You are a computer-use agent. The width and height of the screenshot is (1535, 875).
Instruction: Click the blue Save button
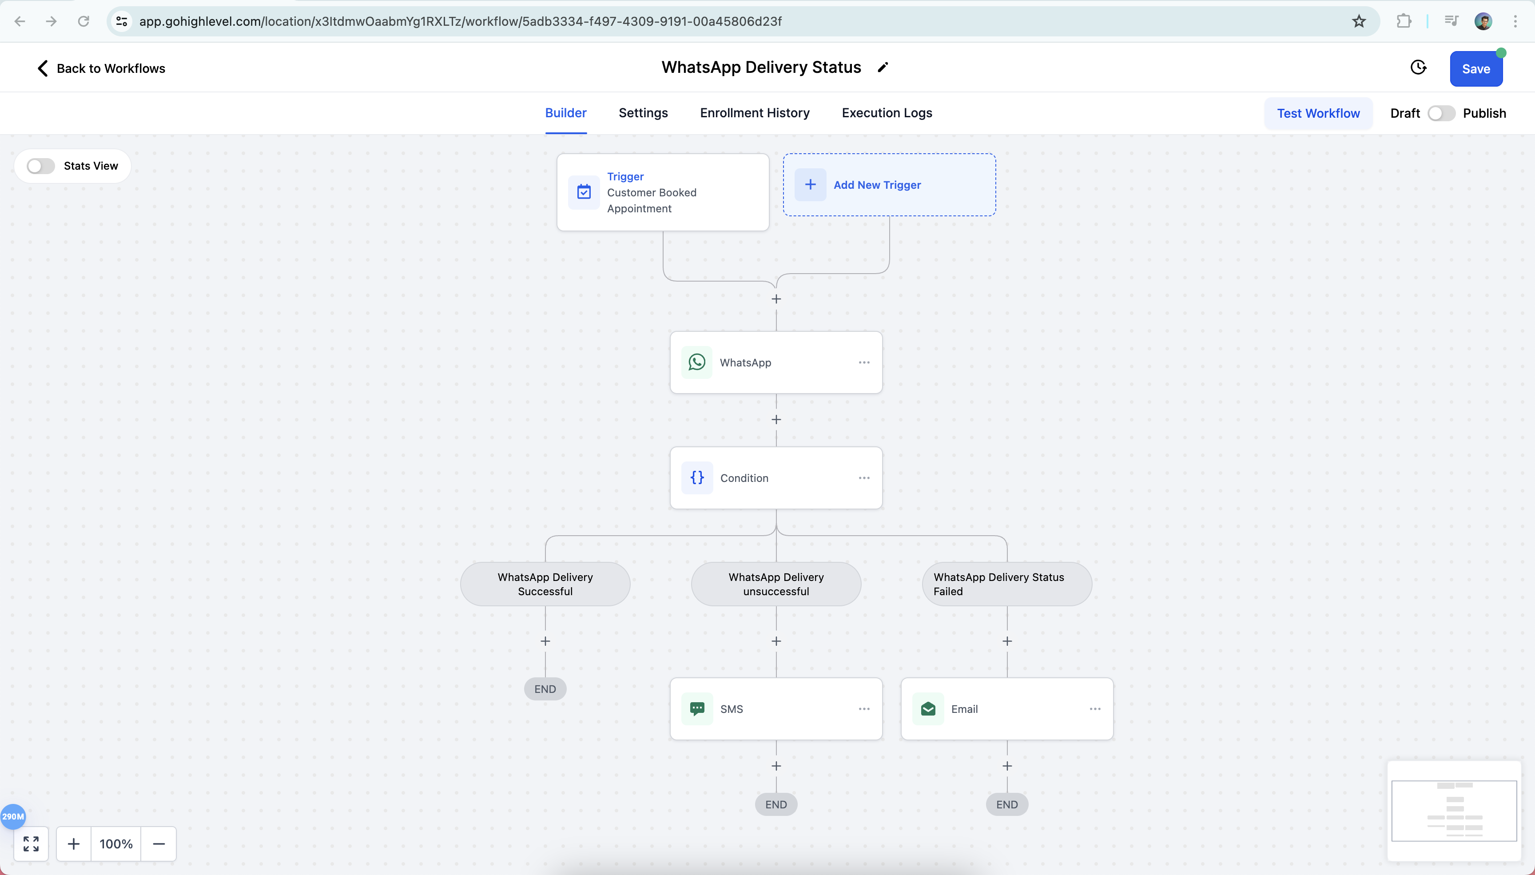coord(1475,68)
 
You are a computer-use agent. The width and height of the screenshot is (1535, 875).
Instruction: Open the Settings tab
coord(643,113)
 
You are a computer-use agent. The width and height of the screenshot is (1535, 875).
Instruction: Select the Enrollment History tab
coord(755,113)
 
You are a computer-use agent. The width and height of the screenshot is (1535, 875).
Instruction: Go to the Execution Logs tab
coord(887,113)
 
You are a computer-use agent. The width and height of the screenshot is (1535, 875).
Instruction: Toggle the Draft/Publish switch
coord(1441,113)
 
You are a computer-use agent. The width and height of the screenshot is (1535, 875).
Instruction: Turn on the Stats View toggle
coord(41,166)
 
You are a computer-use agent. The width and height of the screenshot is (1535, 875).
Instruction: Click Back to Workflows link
coord(101,68)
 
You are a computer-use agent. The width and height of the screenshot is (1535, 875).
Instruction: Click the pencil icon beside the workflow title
coord(883,68)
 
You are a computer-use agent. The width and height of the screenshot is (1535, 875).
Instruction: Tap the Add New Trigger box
coord(889,184)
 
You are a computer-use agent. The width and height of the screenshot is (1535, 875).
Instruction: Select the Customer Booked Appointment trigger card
coord(663,192)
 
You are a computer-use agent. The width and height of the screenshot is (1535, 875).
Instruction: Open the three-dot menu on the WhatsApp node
coord(864,362)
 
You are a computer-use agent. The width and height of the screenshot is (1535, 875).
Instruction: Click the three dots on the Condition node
coord(864,478)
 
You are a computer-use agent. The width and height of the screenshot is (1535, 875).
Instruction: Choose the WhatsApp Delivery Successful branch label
coord(545,584)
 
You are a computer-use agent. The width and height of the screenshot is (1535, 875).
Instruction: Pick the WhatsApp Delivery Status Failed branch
coord(1007,584)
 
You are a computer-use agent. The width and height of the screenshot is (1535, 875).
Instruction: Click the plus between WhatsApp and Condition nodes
coord(776,419)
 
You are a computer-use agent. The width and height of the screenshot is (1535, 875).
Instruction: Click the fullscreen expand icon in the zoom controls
coord(31,844)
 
